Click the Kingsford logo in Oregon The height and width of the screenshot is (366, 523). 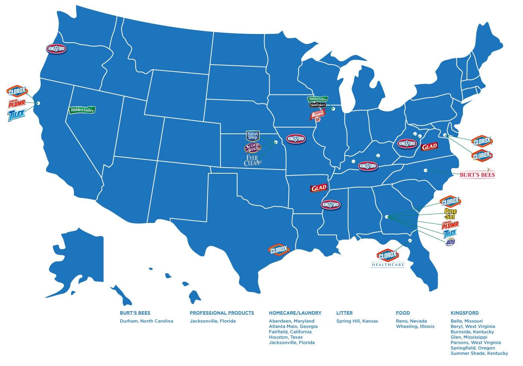[x=56, y=49]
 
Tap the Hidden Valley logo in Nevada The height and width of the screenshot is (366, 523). [x=82, y=110]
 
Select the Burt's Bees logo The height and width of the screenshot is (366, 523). [x=477, y=174]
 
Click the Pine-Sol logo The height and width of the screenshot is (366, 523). [x=450, y=214]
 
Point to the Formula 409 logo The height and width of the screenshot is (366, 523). [x=450, y=242]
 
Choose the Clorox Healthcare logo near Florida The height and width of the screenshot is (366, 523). [x=388, y=258]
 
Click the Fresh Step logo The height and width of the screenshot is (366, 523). [x=253, y=136]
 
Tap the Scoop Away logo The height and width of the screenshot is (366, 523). [x=252, y=148]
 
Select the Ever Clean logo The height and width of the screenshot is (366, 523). [x=252, y=160]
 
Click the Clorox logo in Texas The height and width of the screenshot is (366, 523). [x=279, y=250]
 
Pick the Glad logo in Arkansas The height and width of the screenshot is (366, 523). [x=319, y=188]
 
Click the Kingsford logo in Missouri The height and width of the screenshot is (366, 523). [x=295, y=139]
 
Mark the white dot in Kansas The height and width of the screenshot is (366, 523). [x=276, y=142]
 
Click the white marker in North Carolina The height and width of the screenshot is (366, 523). [x=425, y=170]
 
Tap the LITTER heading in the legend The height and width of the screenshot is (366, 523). [x=344, y=313]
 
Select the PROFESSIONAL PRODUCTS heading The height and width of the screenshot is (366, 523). [x=222, y=313]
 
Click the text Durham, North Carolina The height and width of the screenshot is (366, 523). [x=146, y=321]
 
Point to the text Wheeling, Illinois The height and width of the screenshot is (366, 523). [x=415, y=326]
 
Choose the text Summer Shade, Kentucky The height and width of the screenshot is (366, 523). [x=479, y=353]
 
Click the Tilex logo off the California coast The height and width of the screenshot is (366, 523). [x=16, y=115]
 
